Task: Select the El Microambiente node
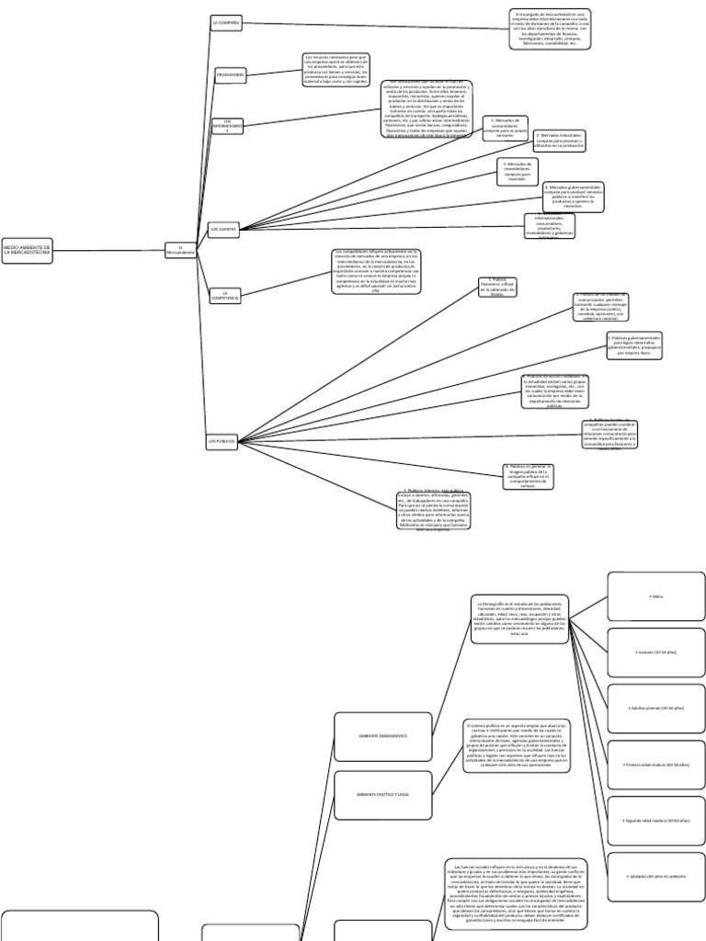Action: pos(181,251)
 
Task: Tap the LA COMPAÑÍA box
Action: pos(225,23)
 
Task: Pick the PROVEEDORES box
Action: pos(230,74)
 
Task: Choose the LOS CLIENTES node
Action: pos(224,229)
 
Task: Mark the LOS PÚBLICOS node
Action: pos(222,442)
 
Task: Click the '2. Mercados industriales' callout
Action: pos(559,140)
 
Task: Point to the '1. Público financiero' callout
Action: pos(497,287)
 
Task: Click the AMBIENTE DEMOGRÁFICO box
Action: pos(382,737)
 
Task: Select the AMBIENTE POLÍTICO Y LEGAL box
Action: pos(382,795)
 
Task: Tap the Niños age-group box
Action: pos(656,596)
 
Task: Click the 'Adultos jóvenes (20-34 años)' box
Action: pos(656,709)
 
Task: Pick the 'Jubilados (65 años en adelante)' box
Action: pos(656,878)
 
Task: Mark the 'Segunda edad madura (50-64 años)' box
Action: pos(656,821)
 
